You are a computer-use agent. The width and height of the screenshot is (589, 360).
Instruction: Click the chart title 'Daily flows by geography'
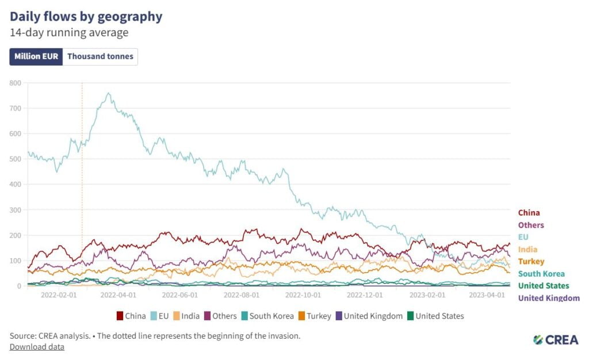pos(86,16)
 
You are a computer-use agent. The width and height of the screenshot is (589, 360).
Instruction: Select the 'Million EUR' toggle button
pos(36,56)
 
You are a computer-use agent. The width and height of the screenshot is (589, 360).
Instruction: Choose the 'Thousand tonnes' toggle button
pos(100,56)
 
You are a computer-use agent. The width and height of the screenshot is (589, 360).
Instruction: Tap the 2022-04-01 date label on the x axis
pos(118,294)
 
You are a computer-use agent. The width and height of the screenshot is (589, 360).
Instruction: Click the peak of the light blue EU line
pos(109,93)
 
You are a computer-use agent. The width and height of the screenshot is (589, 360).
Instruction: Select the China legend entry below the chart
pos(131,316)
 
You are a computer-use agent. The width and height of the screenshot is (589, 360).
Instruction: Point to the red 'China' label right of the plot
pos(529,213)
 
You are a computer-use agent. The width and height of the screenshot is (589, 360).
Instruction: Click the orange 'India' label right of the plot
pos(527,249)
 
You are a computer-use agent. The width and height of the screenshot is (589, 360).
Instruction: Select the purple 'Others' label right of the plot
pos(531,225)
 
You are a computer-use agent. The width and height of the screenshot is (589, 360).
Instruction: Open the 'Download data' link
pos(37,347)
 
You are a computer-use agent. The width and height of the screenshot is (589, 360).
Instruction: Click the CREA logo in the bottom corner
pos(555,340)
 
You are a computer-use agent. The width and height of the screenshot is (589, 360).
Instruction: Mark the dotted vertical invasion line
pos(82,184)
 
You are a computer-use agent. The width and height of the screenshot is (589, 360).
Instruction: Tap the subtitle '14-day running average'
pos(69,33)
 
